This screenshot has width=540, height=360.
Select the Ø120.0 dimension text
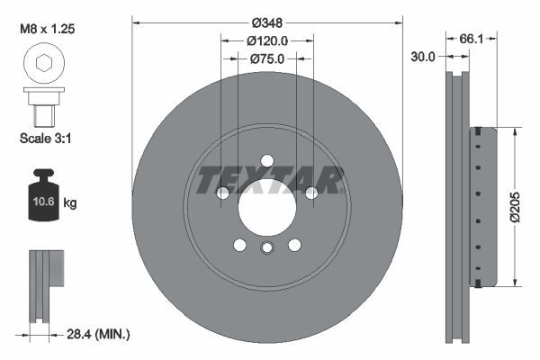click(x=267, y=40)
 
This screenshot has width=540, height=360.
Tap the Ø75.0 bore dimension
click(x=267, y=59)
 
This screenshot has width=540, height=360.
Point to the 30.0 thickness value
click(x=422, y=56)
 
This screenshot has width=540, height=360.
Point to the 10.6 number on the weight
click(x=42, y=202)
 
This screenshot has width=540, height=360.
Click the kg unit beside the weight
click(x=70, y=203)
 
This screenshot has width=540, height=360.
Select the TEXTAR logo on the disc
click(x=270, y=180)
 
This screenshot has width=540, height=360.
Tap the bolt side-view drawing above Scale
click(x=43, y=106)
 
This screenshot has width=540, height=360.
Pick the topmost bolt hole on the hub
click(x=266, y=160)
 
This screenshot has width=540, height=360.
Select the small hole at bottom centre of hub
click(x=266, y=249)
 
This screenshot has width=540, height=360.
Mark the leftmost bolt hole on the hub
click(x=224, y=192)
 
